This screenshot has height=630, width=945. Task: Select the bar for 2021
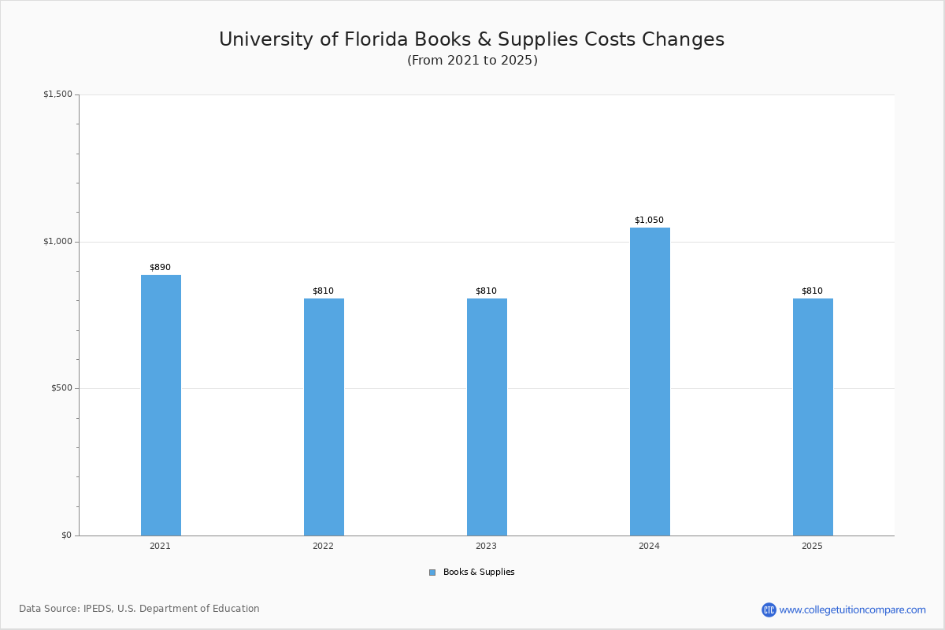coord(161,405)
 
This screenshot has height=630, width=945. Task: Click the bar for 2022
coord(324,417)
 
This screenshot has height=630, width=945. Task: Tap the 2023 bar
coord(487,417)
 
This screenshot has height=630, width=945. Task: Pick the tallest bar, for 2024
coord(650,381)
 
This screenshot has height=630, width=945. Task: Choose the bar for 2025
coord(813,417)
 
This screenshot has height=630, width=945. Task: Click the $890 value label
coord(160,268)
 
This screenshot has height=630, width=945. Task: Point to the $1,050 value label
coord(649,220)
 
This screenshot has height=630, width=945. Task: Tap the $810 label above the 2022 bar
coord(323,291)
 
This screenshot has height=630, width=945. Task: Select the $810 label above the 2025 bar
coord(812,291)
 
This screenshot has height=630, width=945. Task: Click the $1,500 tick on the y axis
coord(57,94)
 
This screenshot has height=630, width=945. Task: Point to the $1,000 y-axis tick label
coord(57,242)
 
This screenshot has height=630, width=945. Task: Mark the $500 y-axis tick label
coord(61,388)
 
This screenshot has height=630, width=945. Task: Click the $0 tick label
coord(66,535)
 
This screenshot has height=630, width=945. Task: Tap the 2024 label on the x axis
coord(649,546)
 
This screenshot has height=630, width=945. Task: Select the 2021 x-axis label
coord(160,546)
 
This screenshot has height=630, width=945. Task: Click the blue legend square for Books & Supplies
coord(432,573)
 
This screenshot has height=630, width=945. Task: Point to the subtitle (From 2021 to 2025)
coord(472,61)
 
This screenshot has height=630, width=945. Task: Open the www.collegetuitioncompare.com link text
coord(852,610)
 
